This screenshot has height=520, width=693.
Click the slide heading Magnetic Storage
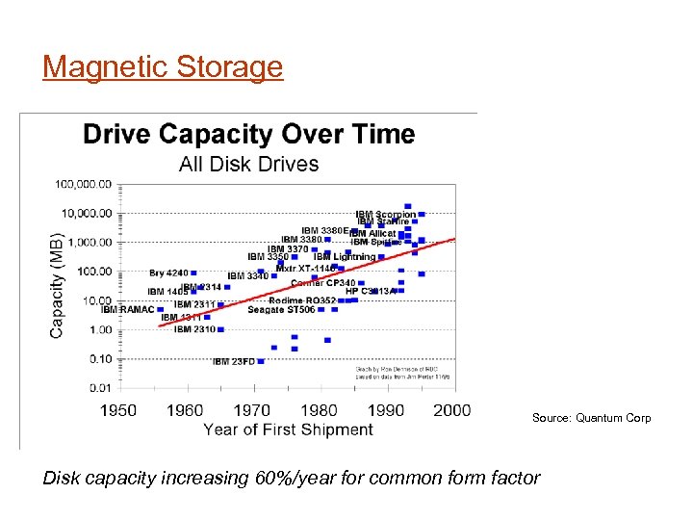pyautogui.click(x=163, y=67)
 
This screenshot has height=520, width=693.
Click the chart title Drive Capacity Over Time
pyautogui.click(x=248, y=134)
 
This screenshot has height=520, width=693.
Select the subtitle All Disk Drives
pyautogui.click(x=248, y=164)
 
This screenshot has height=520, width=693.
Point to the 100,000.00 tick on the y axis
pyautogui.click(x=84, y=183)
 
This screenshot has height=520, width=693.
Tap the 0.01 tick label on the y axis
pyautogui.click(x=99, y=387)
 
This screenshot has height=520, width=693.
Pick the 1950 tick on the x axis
pyautogui.click(x=119, y=410)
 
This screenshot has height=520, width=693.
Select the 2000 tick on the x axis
pyautogui.click(x=452, y=410)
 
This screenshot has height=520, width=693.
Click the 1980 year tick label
pyautogui.click(x=319, y=410)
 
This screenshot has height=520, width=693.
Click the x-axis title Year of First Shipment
pyautogui.click(x=288, y=429)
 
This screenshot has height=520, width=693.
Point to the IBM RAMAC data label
pyautogui.click(x=127, y=310)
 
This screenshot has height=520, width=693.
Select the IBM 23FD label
pyautogui.click(x=233, y=362)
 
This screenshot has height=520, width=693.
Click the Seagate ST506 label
pyautogui.click(x=281, y=310)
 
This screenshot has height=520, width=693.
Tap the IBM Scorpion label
pyautogui.click(x=385, y=215)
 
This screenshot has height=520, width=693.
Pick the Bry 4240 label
pyautogui.click(x=168, y=273)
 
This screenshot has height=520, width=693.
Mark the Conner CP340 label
pyautogui.click(x=322, y=283)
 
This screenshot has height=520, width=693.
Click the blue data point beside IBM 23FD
pyautogui.click(x=261, y=361)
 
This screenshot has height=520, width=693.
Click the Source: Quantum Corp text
pyautogui.click(x=591, y=418)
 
